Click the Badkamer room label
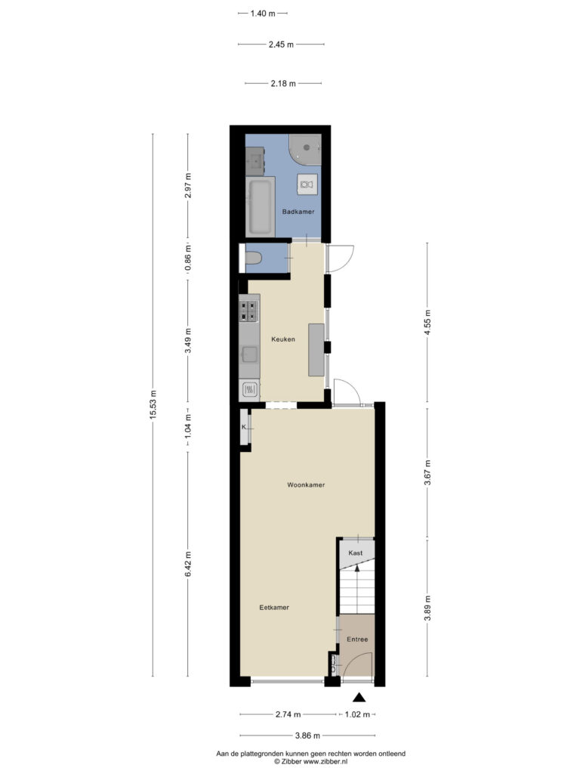point(298,212)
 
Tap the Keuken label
point(283,339)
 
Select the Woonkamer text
point(306,485)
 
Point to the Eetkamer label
point(274,607)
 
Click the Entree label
point(357,639)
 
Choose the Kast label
point(356,553)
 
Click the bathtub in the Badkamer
point(260,206)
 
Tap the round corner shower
point(305,148)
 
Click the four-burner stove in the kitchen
point(249,311)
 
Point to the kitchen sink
point(249,354)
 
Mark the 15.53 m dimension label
point(153,405)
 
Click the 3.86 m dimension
point(307,735)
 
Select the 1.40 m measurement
point(262,14)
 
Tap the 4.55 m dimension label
point(427,322)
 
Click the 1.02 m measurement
point(357,714)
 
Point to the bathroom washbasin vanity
point(255,160)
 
